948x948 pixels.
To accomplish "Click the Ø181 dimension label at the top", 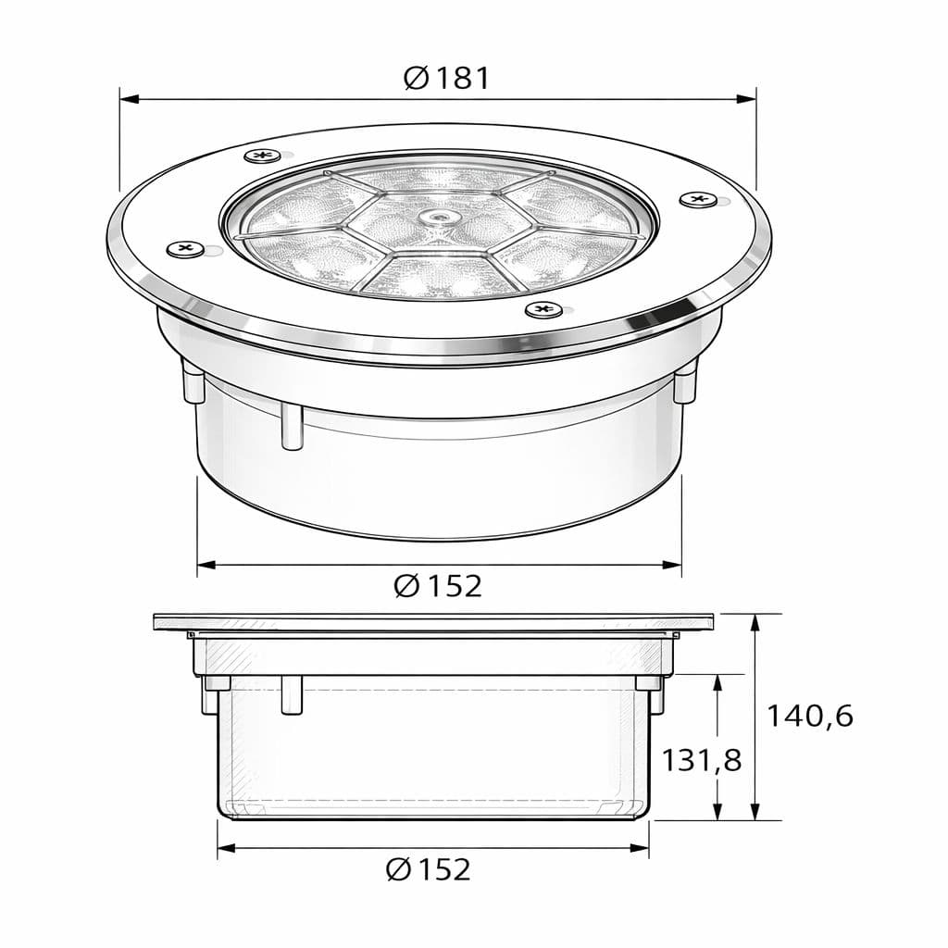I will [447, 78].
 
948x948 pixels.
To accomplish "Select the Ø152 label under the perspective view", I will [438, 585].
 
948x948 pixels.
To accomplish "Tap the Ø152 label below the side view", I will [428, 869].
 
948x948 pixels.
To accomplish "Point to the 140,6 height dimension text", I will [809, 716].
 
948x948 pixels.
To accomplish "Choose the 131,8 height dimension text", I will [701, 760].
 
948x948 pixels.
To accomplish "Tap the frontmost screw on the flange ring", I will [543, 308].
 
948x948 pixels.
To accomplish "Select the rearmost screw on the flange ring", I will [263, 155].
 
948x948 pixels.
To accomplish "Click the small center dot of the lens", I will [435, 216].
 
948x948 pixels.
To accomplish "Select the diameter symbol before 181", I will [417, 78].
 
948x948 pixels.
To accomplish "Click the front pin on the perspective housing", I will [292, 426].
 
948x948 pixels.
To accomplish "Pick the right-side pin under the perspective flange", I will [685, 380].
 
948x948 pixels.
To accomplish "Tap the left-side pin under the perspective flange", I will [193, 380].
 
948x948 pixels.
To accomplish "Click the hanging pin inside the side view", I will [292, 694].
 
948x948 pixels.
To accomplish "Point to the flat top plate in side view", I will [435, 621].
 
